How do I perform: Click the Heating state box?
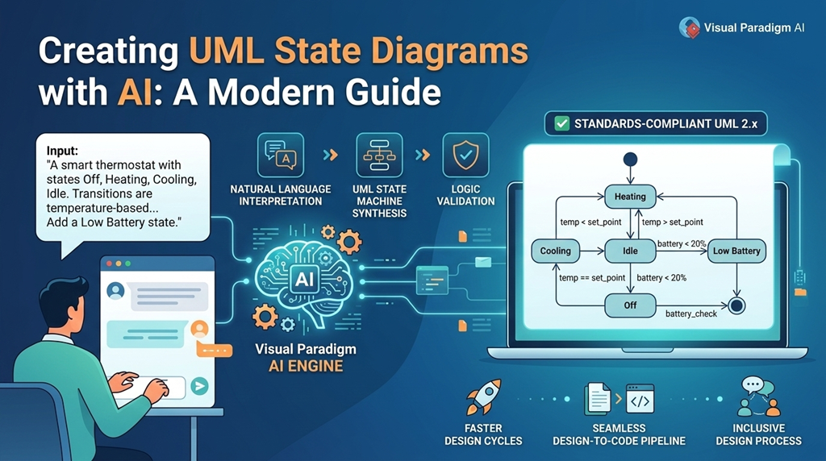(x=630, y=196)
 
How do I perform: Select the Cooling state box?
(x=555, y=251)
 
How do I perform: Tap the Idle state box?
(x=630, y=251)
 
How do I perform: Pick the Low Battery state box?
(x=736, y=251)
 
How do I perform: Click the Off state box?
(x=630, y=305)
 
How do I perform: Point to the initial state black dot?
(x=631, y=159)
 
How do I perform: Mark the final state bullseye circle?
(x=735, y=305)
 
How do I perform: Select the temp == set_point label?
(x=592, y=277)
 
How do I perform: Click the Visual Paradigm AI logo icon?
(x=689, y=27)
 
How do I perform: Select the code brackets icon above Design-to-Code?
(x=640, y=399)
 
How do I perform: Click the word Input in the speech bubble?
(x=63, y=150)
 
